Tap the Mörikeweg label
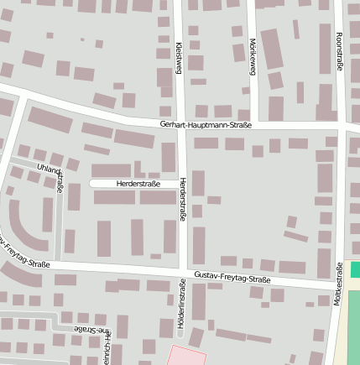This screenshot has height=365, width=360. [x=252, y=56]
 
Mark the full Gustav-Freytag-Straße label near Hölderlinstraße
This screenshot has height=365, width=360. [x=230, y=279]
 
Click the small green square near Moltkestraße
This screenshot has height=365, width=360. [x=355, y=269]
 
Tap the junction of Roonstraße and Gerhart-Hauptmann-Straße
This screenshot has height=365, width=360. [x=341, y=128]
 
